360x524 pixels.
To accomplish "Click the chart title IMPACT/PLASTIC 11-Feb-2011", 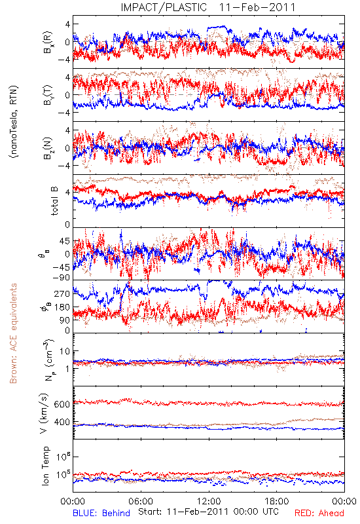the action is point(208,7).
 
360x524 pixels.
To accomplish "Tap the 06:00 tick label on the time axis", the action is point(141,501).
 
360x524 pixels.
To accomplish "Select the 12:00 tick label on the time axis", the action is point(209,501).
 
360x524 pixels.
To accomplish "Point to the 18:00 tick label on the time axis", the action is point(277,501).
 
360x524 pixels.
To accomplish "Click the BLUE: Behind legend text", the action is point(101,513).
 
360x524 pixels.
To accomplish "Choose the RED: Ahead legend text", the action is point(319,513).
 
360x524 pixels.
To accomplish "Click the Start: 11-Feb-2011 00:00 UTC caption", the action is point(208,512).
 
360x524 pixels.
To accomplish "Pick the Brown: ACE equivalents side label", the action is point(13,333).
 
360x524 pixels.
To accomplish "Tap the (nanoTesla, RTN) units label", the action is point(14,121).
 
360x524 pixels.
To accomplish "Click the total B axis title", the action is point(54,200).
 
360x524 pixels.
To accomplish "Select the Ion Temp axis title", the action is point(45,466).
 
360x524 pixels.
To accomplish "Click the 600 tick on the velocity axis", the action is point(62,404).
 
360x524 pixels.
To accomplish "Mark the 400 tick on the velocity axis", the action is point(62,422).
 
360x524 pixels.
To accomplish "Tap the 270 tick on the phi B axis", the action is point(62,293).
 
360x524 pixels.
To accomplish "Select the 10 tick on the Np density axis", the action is point(65,352).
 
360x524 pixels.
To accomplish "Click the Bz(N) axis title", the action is point(47,148).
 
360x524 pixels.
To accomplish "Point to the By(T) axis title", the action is point(47,95).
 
